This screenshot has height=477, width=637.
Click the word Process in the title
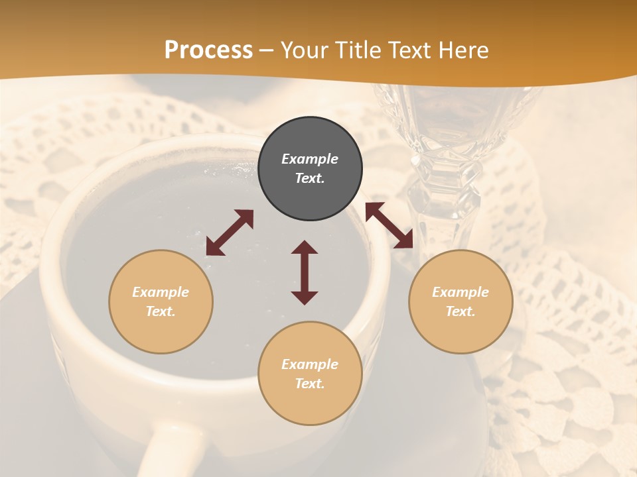pos(208,50)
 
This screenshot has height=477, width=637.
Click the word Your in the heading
pos(305,50)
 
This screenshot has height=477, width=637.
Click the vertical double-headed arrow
pos(305,272)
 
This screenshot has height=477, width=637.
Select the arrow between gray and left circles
pos(230,233)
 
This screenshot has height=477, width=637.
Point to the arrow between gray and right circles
pos(389,225)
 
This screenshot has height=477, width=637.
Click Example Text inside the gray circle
pos(310,168)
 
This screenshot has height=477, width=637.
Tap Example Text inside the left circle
pos(161,301)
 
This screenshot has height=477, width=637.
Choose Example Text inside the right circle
pos(460,301)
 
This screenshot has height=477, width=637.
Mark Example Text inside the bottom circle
pos(310,374)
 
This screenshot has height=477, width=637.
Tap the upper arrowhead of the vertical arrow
pos(305,247)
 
